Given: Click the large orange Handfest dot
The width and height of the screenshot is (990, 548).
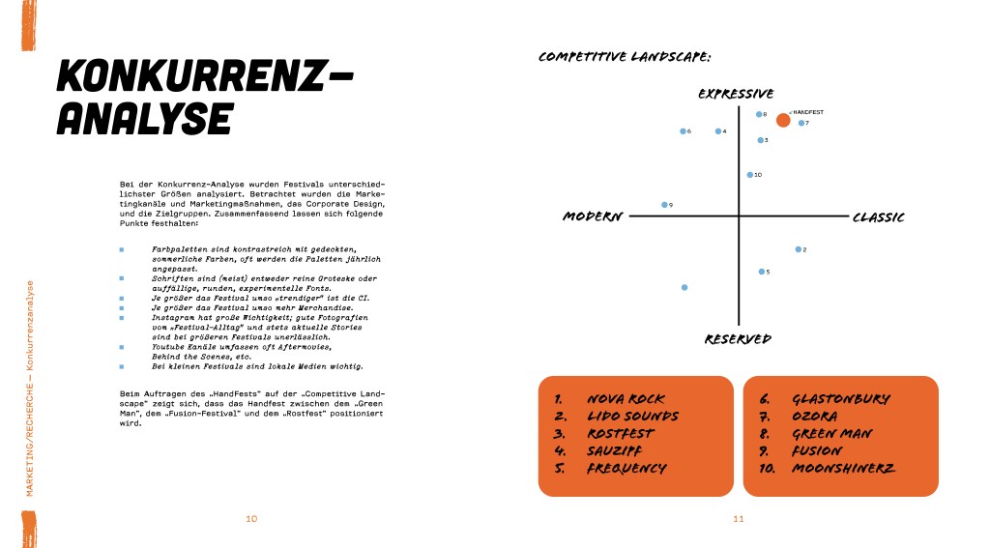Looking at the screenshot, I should pos(783,120).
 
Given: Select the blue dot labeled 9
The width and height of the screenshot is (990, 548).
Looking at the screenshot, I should pos(664,205).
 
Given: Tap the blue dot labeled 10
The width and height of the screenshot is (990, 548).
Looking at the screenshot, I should pos(749,175).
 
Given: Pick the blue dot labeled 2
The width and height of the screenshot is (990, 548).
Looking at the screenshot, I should pos(798,249).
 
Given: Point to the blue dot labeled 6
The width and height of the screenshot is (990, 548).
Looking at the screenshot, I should pos(683,130).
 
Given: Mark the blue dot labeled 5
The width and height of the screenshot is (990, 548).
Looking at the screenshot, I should pos(762,272).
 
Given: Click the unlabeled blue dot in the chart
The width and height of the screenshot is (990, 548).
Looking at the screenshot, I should pos(684,287).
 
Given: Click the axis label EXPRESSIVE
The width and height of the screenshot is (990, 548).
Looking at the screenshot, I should pos(736,94).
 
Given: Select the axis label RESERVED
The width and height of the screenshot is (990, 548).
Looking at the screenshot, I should pos(738,339).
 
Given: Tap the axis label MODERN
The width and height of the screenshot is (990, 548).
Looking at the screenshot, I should pos(593,216).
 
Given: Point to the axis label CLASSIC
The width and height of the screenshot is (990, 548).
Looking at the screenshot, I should pos(878,217).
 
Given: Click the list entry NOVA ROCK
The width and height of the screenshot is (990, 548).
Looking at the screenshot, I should pos(626,399).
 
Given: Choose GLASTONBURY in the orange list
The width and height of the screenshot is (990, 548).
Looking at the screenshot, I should pos(840,399).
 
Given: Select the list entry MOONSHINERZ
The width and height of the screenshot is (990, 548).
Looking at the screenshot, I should pos(843,469).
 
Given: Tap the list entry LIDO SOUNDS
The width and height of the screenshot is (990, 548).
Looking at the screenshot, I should pos(632,417).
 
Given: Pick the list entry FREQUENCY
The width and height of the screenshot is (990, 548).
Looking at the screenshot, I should pos(626,469).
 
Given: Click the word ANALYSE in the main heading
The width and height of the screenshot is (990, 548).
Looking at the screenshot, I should pos(145,119).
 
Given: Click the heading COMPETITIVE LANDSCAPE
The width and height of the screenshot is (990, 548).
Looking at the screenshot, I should pos(625,57).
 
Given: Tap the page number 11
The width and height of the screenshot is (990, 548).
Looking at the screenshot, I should pos(738,519).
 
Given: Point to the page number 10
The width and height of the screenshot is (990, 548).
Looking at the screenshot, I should pos(251,519).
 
